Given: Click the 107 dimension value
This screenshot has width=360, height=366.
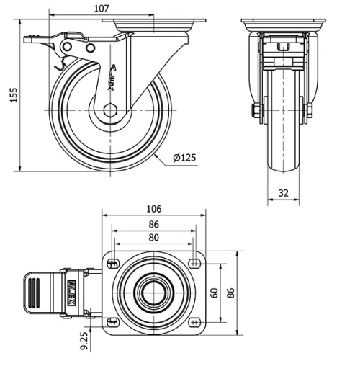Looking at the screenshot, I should coord(100,9).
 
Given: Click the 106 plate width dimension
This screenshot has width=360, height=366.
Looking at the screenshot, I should coord(153,209).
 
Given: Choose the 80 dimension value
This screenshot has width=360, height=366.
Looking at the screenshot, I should coord(153,238).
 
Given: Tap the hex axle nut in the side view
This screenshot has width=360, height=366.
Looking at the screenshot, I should coord(109,110).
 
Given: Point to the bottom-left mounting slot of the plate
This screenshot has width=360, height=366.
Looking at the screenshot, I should coord(112,321).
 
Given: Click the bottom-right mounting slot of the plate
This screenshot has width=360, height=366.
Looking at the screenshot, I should coord(195,321).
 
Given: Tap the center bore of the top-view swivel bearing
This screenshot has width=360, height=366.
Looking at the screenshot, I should coord(153,292).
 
